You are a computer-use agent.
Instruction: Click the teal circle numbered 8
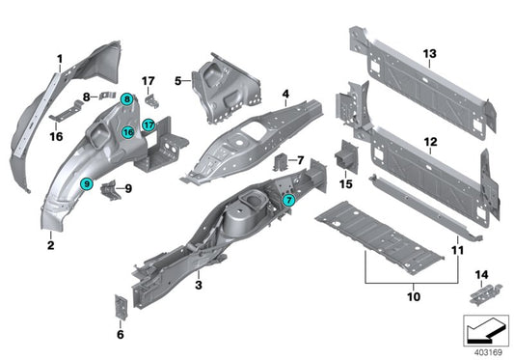tap(128, 100)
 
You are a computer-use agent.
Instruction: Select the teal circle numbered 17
tap(149, 125)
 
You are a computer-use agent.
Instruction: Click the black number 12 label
tap(430, 142)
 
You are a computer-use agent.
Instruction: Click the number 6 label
tap(120, 335)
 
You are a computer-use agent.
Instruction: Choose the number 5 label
tap(177, 83)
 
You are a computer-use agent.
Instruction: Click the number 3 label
tap(198, 285)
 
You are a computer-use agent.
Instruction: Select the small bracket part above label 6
tap(122, 304)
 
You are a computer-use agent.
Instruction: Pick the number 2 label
tap(49, 245)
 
